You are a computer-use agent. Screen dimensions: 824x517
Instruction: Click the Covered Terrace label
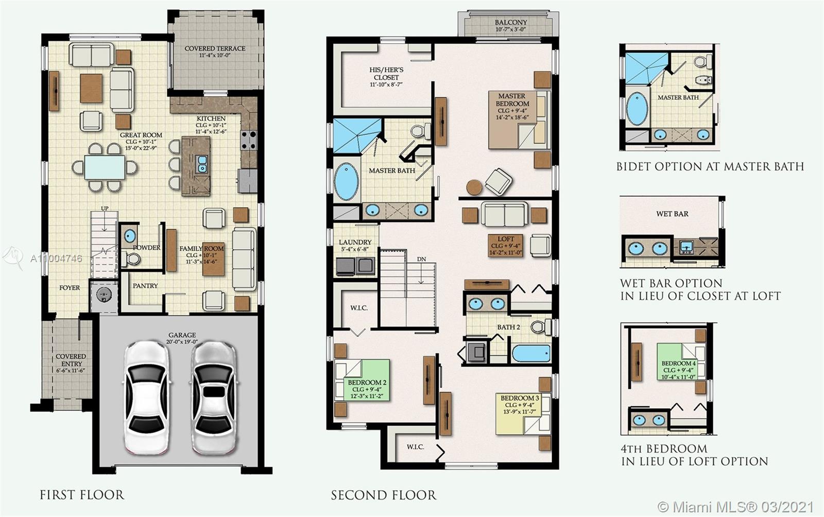click(x=215, y=48)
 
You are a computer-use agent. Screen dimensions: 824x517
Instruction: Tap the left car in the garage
click(x=147, y=398)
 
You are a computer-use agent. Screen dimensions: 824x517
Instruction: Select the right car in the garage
click(x=213, y=398)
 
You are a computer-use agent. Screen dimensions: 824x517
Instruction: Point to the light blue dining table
click(x=105, y=167)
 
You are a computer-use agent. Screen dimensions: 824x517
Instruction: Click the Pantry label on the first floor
click(x=145, y=286)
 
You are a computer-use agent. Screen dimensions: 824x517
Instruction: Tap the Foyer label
click(x=70, y=287)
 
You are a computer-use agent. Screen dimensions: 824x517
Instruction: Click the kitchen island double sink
click(x=202, y=164)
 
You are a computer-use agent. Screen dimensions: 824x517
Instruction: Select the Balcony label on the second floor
click(x=511, y=23)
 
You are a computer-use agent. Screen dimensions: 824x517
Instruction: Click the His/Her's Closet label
click(x=386, y=74)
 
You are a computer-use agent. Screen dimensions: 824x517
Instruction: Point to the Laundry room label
click(x=355, y=242)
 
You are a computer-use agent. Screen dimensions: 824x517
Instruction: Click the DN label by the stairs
click(x=422, y=259)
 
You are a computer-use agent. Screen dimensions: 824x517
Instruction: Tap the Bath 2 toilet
click(x=541, y=326)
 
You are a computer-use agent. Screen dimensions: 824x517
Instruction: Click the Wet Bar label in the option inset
click(x=672, y=214)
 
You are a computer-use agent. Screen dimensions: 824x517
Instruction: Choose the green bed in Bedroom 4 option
click(x=681, y=362)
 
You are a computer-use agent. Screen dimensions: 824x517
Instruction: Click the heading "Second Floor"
click(x=384, y=495)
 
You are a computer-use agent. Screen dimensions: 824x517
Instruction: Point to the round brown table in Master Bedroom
click(x=474, y=187)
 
